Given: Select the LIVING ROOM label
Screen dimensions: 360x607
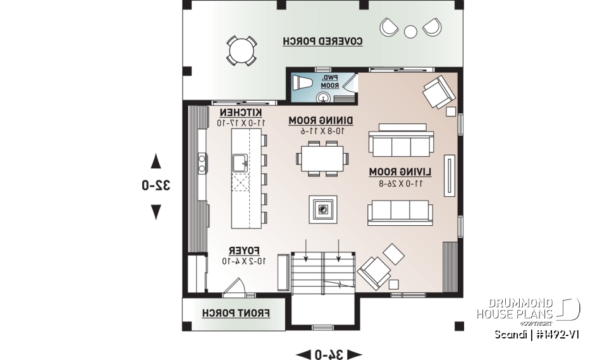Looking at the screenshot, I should tap(400, 171).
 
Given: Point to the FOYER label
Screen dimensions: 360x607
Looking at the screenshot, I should tap(241, 250).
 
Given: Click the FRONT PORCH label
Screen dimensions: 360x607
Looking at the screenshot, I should tap(236, 313).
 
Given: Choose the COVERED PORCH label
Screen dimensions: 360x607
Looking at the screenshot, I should tap(322, 41).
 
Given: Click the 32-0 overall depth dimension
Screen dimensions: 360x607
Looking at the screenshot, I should tap(156, 185).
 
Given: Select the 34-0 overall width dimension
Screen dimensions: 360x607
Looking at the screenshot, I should tap(329, 354).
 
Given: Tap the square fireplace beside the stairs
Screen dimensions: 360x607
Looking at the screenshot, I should tap(323, 209).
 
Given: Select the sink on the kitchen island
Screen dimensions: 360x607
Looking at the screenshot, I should tap(240, 163).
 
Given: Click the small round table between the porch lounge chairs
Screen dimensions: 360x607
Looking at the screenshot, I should tap(410, 30).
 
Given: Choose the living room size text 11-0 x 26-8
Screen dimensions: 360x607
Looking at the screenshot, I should tap(400, 183).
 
